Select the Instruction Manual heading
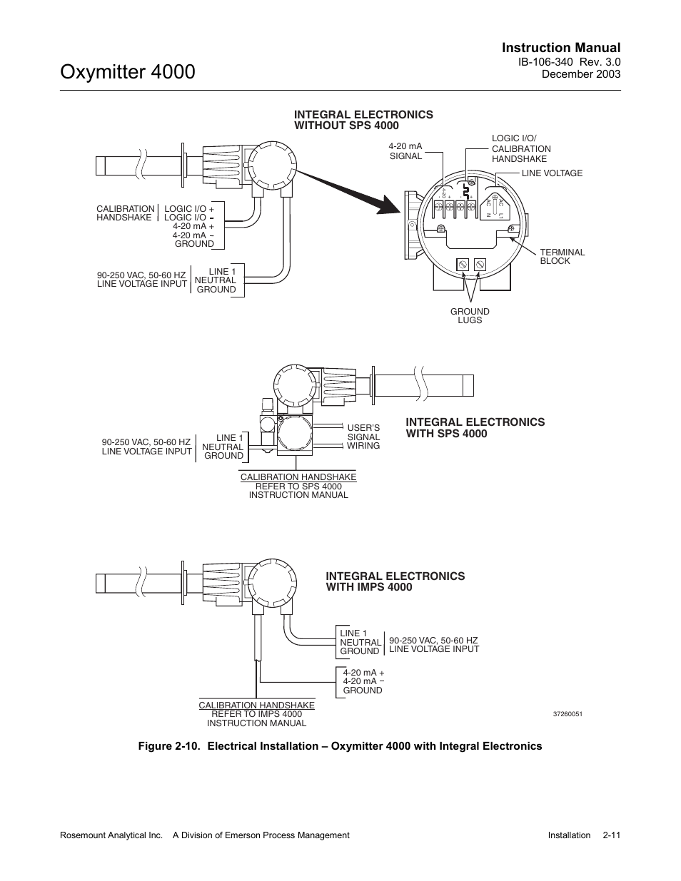pos(560,48)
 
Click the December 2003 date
pos(581,74)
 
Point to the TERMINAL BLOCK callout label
pos(562,257)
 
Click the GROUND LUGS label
pos(470,316)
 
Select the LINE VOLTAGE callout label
pos(552,173)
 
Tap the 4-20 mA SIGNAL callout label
pos(405,151)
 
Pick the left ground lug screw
pos(463,265)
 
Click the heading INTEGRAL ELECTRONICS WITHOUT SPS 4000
pos(363,120)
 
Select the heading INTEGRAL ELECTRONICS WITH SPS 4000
pos(475,428)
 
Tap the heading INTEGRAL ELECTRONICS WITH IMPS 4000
pos(395,581)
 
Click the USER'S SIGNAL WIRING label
pos(363,437)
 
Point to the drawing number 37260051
pos(567,714)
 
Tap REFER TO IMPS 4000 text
pos(256,714)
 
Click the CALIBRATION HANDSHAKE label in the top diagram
pos(125,213)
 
